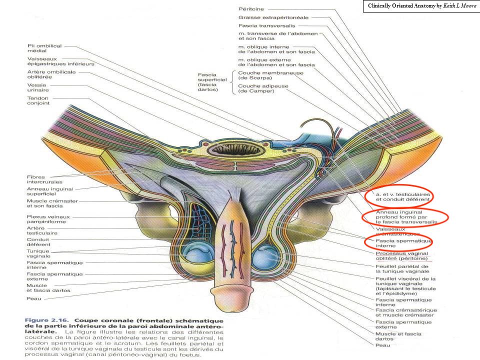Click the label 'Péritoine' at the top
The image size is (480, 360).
point(251,8)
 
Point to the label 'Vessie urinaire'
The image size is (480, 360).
point(36,88)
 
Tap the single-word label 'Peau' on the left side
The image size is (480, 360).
point(33,299)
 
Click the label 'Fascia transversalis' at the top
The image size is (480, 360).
point(267,25)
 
